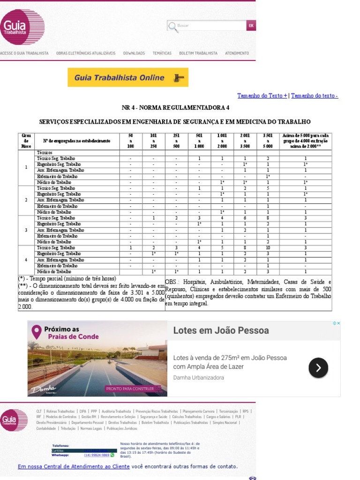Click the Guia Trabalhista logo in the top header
pos(22,27)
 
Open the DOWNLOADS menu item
pos(134,53)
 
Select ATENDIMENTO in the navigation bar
pos(237,53)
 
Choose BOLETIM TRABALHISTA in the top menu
pos(198,53)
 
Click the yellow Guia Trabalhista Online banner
pos(128,78)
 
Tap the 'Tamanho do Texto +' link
pos(262,96)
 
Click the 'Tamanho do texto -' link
pos(315,96)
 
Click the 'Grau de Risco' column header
pos(26,141)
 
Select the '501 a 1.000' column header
pos(199,141)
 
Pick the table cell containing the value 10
pos(268,247)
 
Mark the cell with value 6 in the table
pos(245,218)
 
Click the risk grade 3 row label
pos(26,230)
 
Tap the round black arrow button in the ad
pos(318,368)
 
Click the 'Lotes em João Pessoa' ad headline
pos(221,330)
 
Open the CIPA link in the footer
pos(83,411)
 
